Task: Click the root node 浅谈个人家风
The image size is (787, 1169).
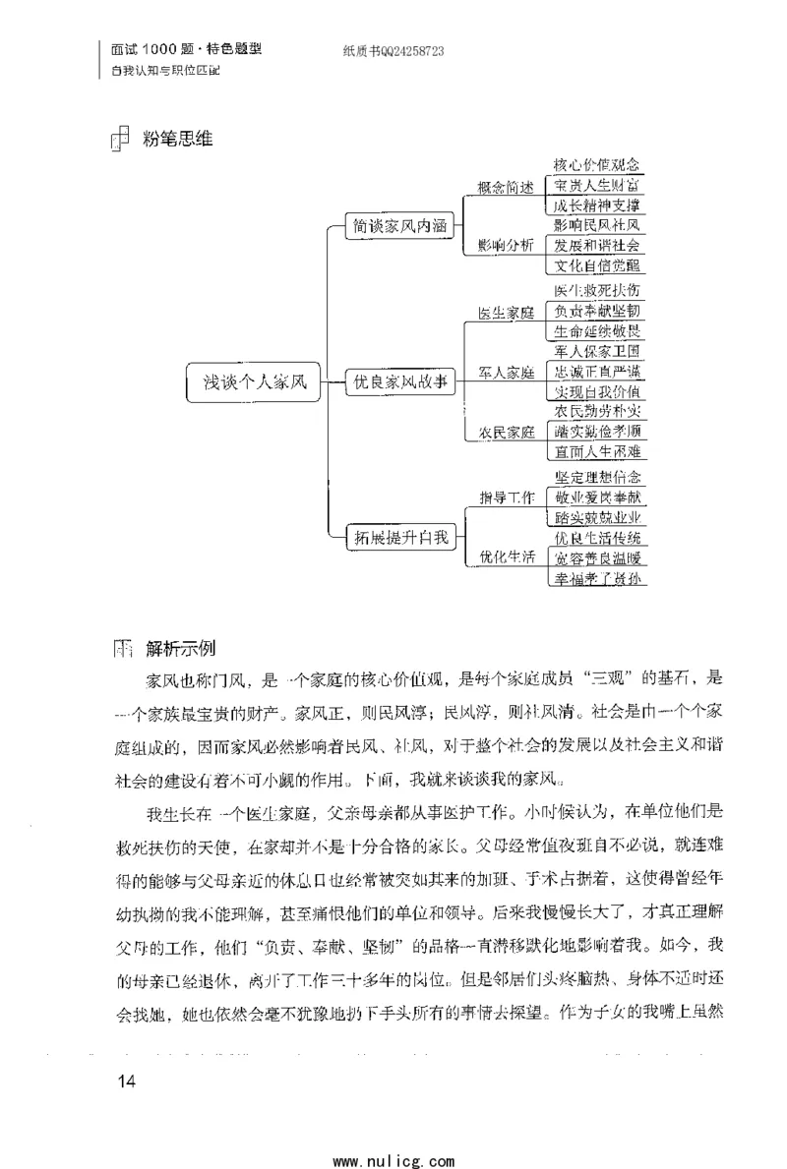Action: point(255,382)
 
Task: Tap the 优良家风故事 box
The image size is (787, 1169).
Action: point(398,382)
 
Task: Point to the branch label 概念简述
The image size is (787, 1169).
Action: point(506,188)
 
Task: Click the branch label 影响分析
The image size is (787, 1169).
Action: point(506,245)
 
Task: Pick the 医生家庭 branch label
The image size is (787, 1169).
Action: point(506,314)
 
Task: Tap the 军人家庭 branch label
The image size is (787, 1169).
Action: point(506,373)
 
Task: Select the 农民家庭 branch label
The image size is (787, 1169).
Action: point(506,432)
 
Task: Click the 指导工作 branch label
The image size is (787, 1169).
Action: point(506,497)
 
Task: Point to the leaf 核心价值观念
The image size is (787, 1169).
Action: point(597,166)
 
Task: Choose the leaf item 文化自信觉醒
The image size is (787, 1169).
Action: point(597,264)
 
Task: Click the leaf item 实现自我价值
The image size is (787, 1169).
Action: point(597,392)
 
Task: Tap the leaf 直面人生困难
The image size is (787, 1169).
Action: point(597,451)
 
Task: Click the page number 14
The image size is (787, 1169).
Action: point(125,1082)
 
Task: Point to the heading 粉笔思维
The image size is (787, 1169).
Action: point(177,139)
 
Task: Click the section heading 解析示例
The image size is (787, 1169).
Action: point(182,649)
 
